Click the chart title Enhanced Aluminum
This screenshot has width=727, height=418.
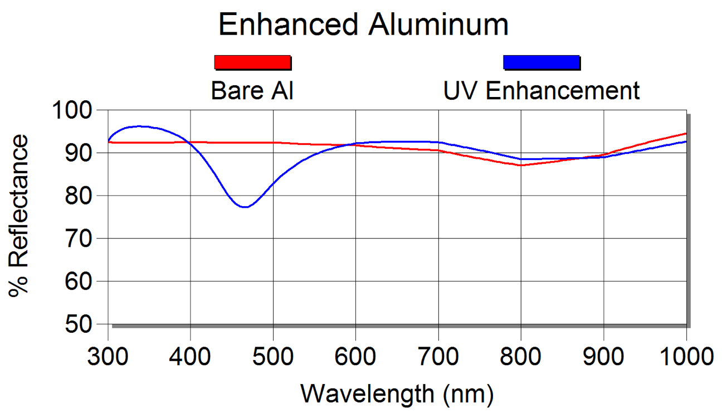(x=363, y=25)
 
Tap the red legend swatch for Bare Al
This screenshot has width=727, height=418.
(x=252, y=62)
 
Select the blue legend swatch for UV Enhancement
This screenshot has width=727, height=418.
(x=541, y=62)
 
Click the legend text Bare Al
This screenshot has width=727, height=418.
(x=252, y=91)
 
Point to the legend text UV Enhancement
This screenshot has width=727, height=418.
(x=541, y=91)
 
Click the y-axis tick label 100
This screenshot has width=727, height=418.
(x=74, y=110)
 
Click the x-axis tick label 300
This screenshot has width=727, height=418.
(x=108, y=356)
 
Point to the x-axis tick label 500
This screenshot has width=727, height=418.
(x=273, y=356)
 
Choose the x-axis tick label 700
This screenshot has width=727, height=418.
(x=438, y=356)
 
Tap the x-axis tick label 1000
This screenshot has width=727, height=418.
(x=685, y=356)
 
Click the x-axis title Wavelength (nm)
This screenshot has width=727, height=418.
(x=397, y=394)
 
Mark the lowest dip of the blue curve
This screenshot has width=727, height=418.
(x=245, y=207)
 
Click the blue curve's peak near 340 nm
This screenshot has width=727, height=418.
(x=139, y=126)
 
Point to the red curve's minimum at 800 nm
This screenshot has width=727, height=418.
(x=521, y=165)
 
